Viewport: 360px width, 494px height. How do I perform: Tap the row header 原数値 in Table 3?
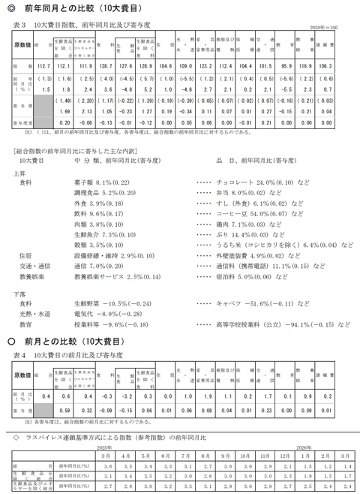[x=22, y=44]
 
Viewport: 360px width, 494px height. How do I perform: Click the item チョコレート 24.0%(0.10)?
[x=251, y=181]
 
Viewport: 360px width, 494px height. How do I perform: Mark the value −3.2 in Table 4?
[x=127, y=395]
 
